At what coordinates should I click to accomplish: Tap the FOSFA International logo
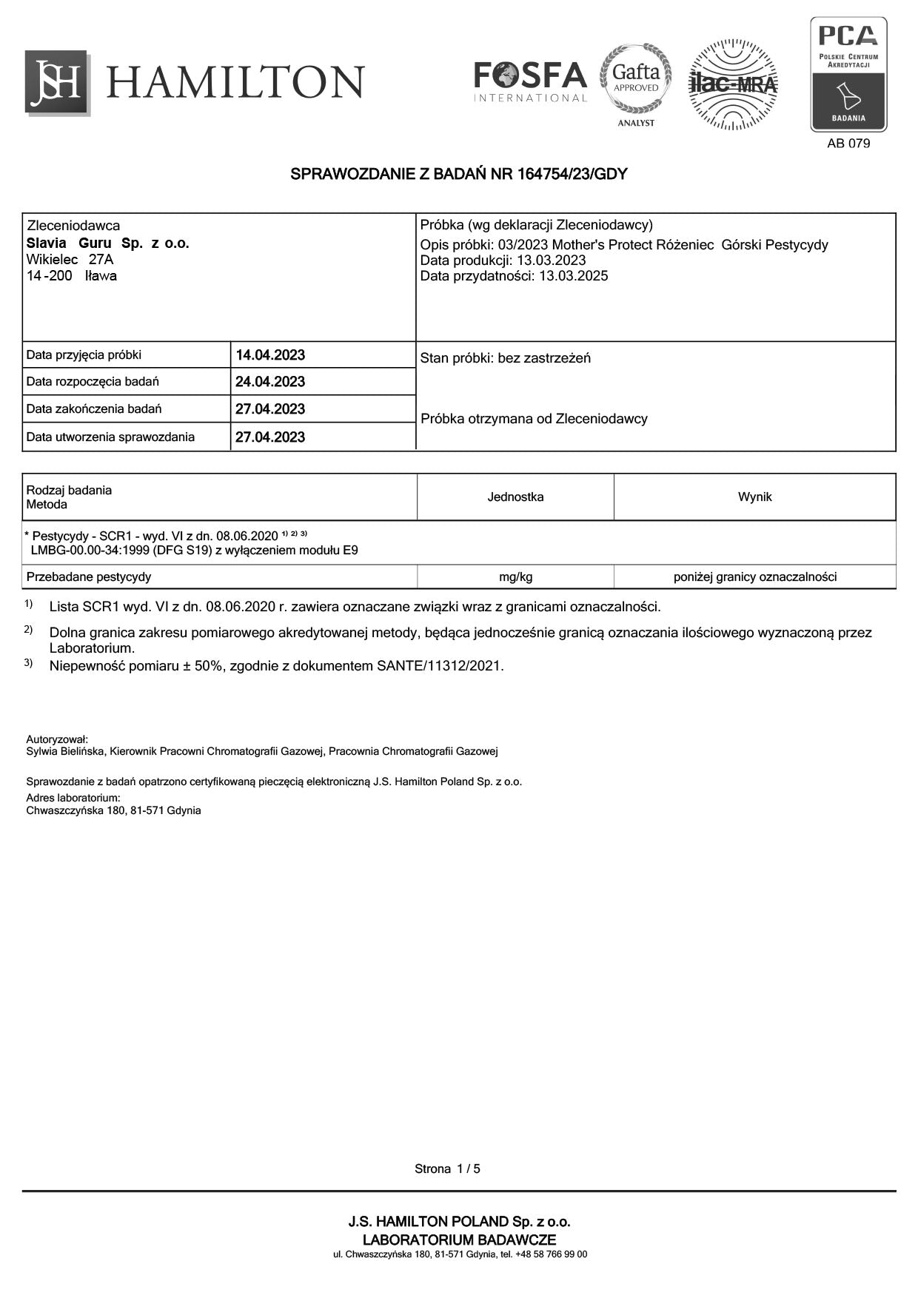(530, 81)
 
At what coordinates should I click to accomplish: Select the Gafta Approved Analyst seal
(636, 81)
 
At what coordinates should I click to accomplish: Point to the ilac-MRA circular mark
(733, 84)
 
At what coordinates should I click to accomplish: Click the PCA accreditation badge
(848, 74)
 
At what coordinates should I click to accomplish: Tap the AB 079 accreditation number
(848, 144)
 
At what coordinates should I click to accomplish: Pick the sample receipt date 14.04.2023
(270, 355)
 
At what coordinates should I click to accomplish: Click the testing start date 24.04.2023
(270, 382)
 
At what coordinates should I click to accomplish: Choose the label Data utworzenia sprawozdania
(110, 437)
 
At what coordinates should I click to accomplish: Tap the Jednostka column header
(515, 497)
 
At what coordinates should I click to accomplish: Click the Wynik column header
(754, 497)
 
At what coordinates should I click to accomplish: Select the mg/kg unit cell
(515, 576)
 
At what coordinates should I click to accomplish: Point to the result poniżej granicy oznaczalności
(754, 576)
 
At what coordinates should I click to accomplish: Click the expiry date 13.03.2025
(573, 276)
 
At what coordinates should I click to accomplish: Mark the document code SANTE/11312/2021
(439, 665)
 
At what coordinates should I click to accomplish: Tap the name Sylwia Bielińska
(67, 751)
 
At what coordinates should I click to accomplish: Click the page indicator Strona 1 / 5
(447, 1168)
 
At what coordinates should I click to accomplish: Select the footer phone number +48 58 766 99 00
(551, 1254)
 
